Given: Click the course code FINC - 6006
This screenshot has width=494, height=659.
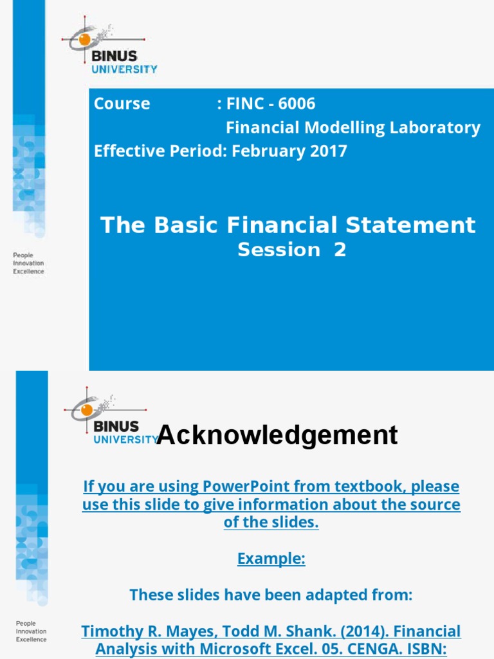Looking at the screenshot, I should coord(271,104).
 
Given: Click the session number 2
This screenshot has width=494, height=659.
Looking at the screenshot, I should coord(340,250).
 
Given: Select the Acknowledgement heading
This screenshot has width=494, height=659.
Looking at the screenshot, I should coord(277,436).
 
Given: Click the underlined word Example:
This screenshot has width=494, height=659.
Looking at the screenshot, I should coord(271,559).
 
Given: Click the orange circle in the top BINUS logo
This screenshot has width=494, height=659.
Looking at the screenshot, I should coord(84,40).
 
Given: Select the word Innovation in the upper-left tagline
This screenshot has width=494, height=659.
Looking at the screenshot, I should coord(29,263).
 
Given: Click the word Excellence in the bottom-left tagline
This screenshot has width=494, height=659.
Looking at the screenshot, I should coord(32,640).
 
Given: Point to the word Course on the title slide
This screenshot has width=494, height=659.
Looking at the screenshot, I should coord(122,104).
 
